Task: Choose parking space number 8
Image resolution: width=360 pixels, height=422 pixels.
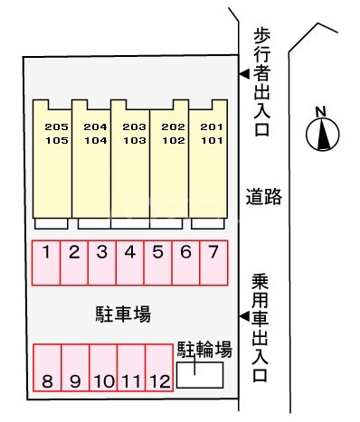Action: point(47,370)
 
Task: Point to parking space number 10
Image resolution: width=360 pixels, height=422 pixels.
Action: point(102,370)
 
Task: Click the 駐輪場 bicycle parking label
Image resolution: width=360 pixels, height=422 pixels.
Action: point(204,348)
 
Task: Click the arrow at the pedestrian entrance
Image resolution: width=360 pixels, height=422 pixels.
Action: point(243,75)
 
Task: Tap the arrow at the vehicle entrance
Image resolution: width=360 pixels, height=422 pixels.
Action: point(243,315)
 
